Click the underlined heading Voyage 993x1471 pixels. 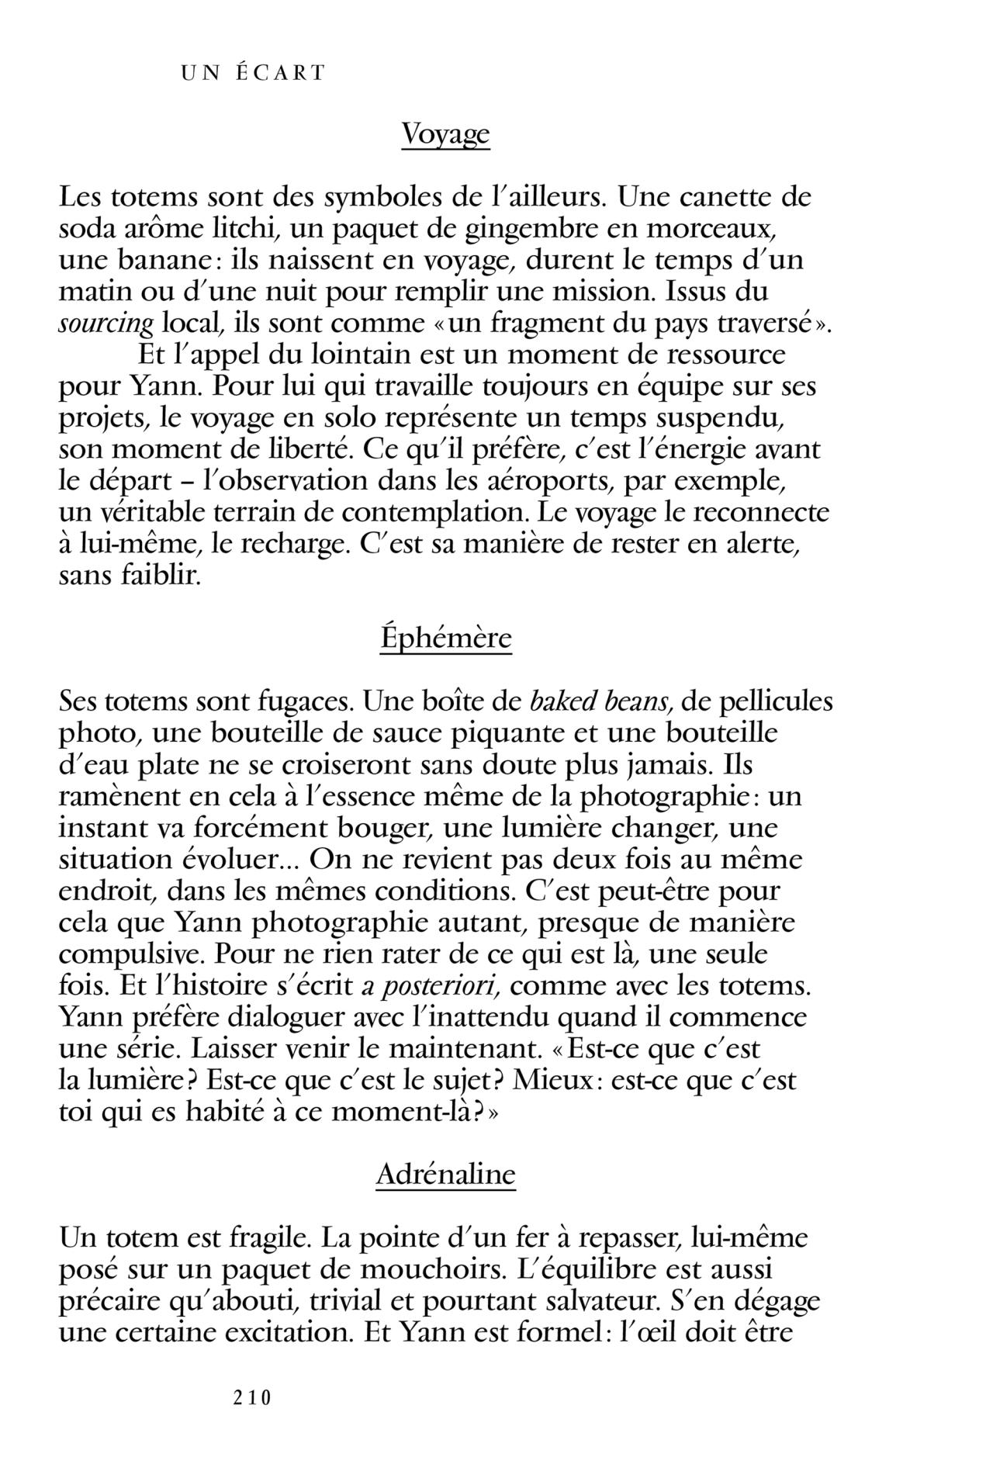[445, 135]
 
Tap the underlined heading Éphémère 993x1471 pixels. [445, 639]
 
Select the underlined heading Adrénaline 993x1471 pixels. [445, 1174]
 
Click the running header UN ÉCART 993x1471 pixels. [253, 74]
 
